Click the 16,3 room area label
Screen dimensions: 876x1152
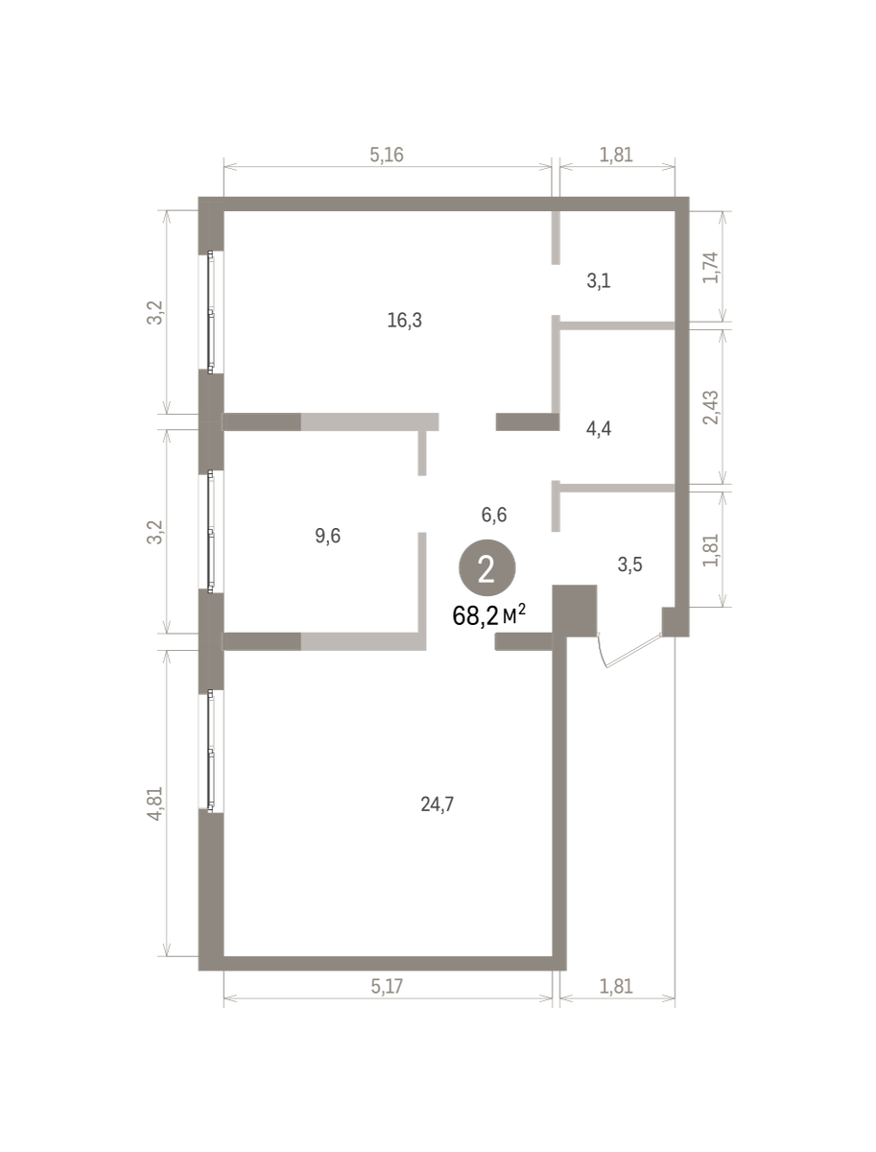[404, 320]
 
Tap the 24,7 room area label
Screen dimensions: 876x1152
[437, 804]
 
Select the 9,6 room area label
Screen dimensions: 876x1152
[328, 536]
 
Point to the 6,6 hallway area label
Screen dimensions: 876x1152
[494, 515]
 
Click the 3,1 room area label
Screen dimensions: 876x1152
[599, 280]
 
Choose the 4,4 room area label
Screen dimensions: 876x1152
[599, 429]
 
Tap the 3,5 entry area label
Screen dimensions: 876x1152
[629, 564]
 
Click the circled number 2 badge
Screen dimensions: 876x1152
[487, 568]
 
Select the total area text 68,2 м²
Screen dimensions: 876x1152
[489, 615]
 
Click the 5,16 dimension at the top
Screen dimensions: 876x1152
[387, 155]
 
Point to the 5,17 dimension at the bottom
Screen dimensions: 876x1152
[387, 987]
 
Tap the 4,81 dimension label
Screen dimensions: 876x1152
[155, 804]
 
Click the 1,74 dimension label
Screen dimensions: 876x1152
[711, 268]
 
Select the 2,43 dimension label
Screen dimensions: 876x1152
[711, 407]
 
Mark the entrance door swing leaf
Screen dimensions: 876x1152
[634, 652]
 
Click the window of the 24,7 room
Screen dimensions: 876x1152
[211, 751]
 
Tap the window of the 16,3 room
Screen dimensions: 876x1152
[211, 312]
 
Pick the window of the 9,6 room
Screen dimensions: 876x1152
[211, 532]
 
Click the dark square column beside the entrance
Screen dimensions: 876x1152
[575, 611]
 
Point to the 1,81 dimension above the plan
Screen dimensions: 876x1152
[616, 155]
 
